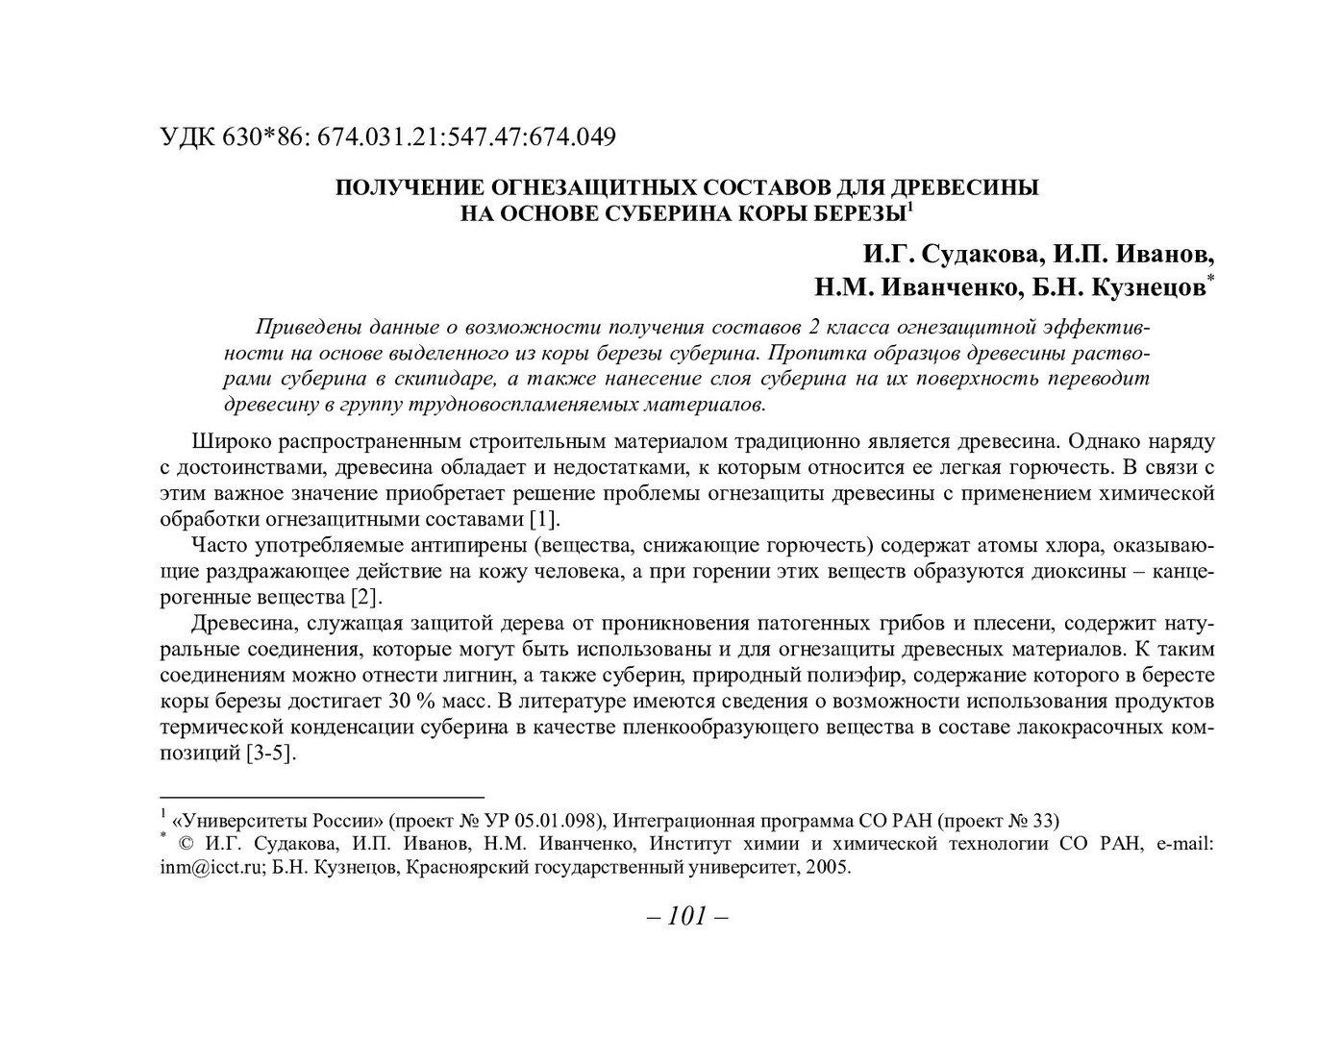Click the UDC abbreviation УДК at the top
[187, 137]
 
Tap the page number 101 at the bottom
[687, 917]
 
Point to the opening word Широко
[232, 442]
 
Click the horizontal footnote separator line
[321, 798]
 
